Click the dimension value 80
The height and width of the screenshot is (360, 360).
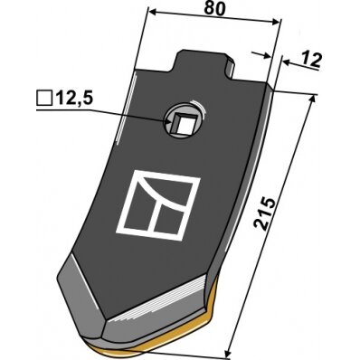[x=214, y=8]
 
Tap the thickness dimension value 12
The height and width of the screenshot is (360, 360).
[x=312, y=60]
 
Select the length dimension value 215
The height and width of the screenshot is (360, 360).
[x=264, y=214]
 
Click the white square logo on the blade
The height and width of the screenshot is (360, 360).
[x=158, y=205]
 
